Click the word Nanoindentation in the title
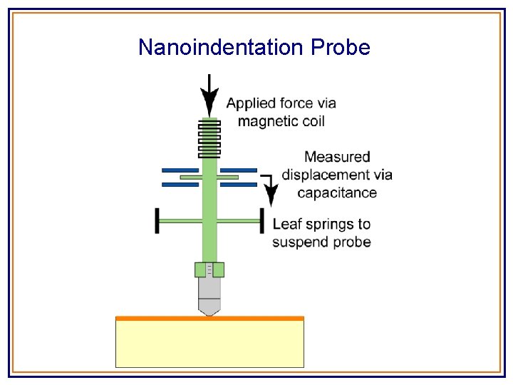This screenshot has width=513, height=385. pyautogui.click(x=222, y=48)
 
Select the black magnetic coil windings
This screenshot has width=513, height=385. pyautogui.click(x=209, y=139)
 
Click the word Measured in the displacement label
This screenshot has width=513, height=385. pyautogui.click(x=337, y=157)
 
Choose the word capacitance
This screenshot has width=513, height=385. pyautogui.click(x=337, y=192)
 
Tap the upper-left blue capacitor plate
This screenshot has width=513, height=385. pyautogui.click(x=180, y=170)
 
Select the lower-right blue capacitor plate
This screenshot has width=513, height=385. pyautogui.click(x=238, y=185)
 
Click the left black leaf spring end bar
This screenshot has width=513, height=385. pyautogui.click(x=157, y=220)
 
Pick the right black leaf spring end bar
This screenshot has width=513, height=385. pyautogui.click(x=262, y=220)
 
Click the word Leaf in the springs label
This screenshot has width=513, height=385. pyautogui.click(x=286, y=225)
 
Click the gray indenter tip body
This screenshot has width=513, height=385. pyautogui.click(x=209, y=292)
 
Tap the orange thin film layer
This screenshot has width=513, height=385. pyautogui.click(x=209, y=318)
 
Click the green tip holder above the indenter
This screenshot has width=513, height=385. pyautogui.click(x=209, y=269)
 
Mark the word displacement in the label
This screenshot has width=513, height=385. pyautogui.click(x=326, y=175)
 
